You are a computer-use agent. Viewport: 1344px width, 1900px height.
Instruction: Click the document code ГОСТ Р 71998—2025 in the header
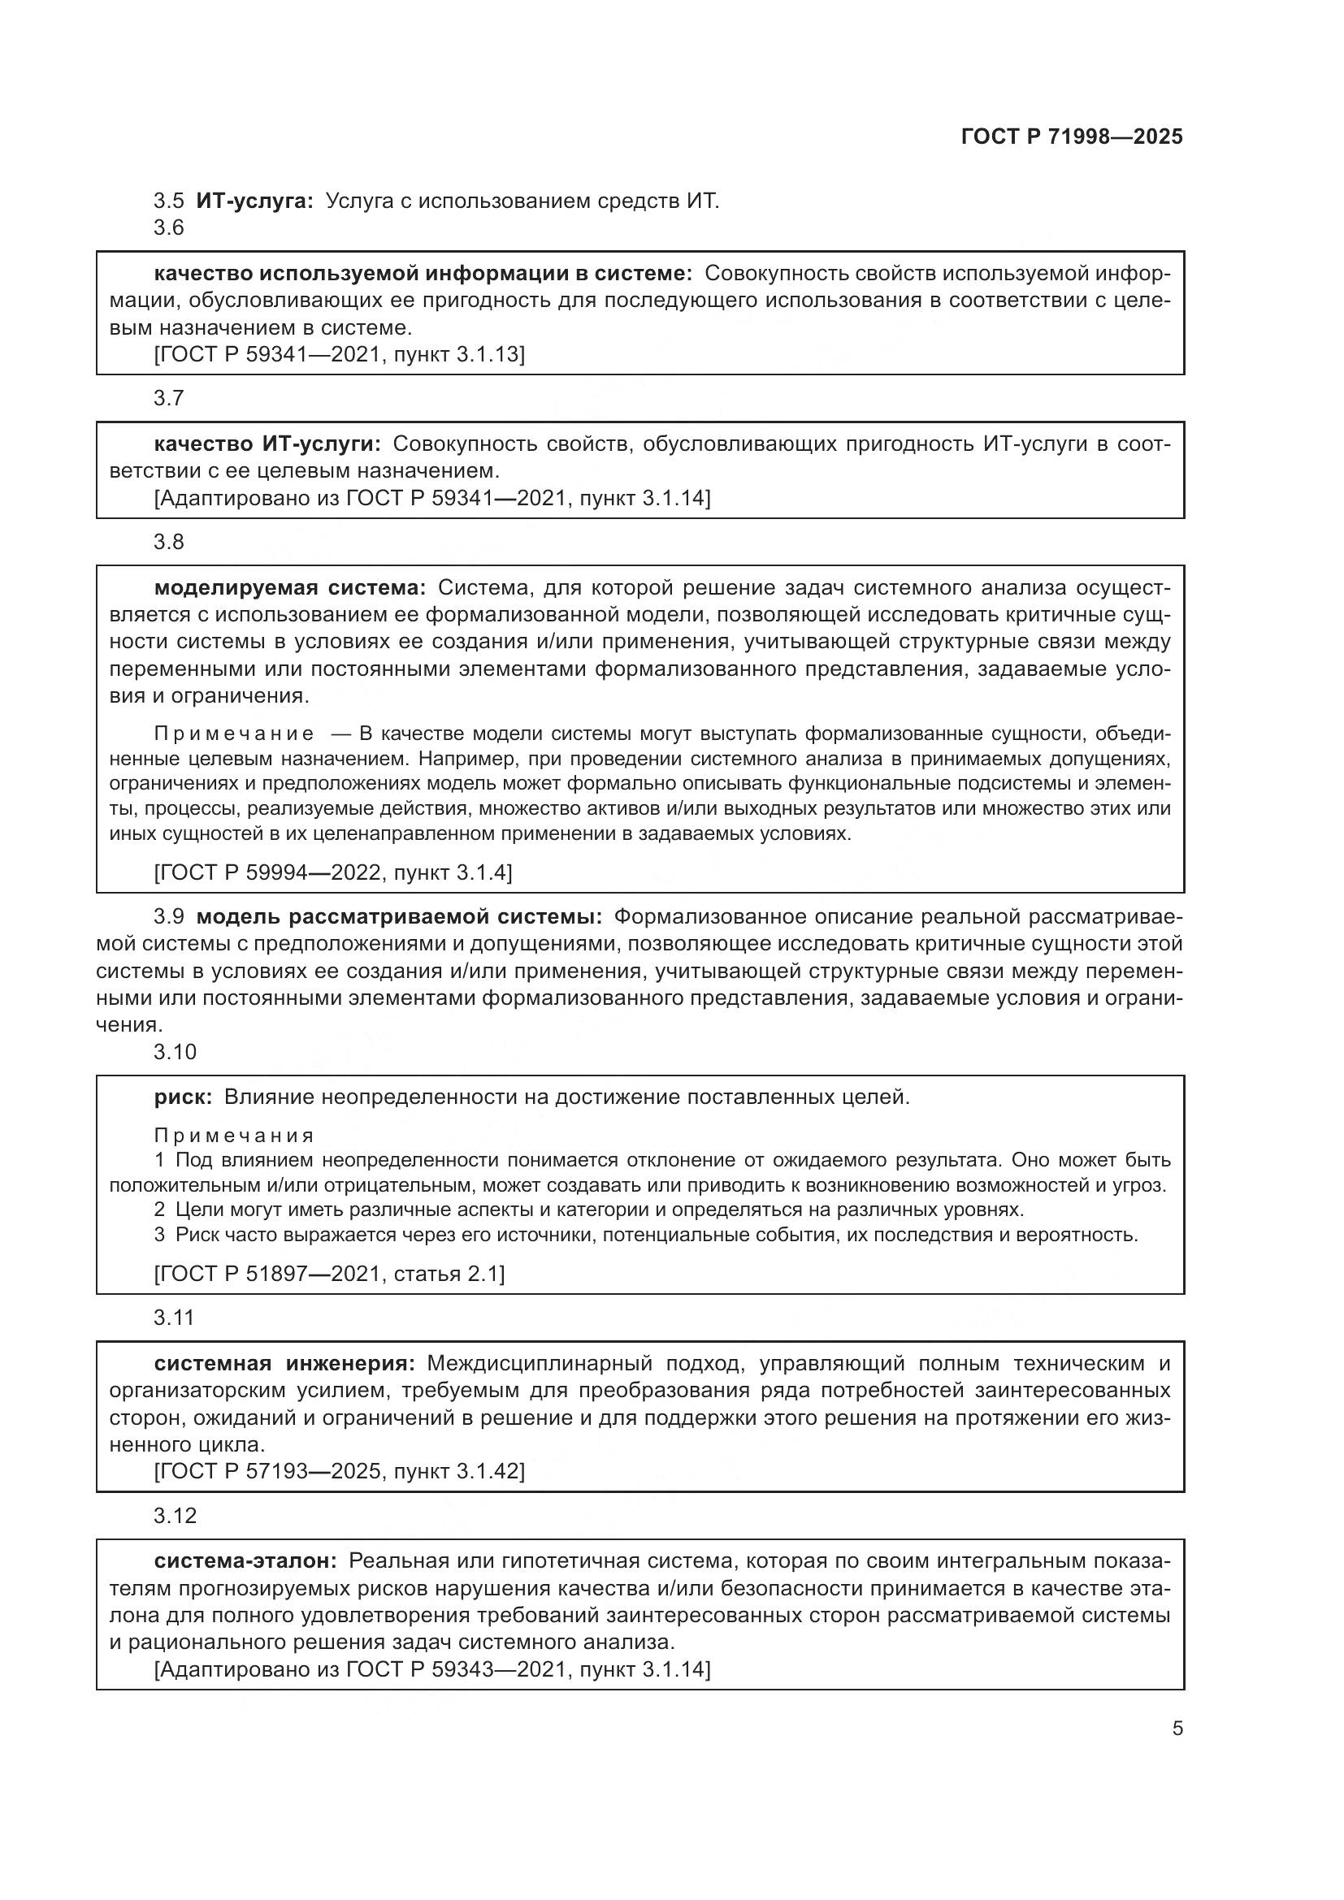point(1072,137)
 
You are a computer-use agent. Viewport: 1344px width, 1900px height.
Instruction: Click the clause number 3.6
point(169,227)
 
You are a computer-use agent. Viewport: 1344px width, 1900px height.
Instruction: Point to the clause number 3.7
point(169,398)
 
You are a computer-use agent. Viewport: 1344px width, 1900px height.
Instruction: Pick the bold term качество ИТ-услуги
point(267,444)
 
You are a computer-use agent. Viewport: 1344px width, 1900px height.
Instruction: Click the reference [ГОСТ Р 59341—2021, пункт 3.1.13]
point(340,354)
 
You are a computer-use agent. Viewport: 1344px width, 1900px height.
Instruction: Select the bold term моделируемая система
point(289,587)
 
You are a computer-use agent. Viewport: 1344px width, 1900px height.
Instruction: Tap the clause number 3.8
point(169,542)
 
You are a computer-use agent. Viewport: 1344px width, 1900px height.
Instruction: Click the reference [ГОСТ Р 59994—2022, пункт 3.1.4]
point(332,872)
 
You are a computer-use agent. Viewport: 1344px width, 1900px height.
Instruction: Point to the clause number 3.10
point(175,1052)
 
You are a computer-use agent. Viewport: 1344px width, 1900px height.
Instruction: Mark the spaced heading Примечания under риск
point(234,1136)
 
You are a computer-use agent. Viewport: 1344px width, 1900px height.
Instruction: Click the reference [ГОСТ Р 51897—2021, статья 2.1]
point(329,1274)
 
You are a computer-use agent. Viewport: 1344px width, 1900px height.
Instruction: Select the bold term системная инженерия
point(284,1363)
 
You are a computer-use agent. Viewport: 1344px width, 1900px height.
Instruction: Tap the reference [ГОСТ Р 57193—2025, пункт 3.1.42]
point(340,1470)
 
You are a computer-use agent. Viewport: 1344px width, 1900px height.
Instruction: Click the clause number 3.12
point(175,1515)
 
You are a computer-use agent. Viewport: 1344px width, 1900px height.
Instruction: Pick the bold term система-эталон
point(245,1561)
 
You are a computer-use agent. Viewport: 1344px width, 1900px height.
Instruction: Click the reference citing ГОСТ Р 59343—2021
point(432,1669)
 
